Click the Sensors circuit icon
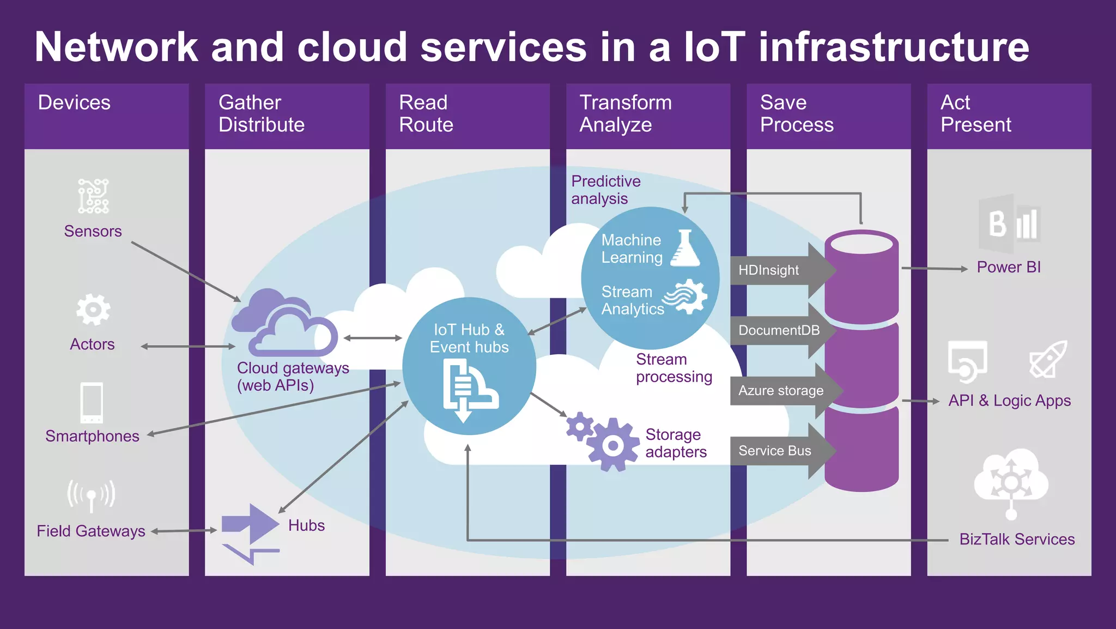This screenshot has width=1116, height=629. (93, 196)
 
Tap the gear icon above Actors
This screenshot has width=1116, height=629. (93, 310)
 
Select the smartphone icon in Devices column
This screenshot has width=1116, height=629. (92, 403)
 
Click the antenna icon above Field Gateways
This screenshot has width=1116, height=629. (91, 495)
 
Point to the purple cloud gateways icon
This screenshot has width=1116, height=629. (285, 324)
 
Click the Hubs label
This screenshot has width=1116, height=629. (306, 525)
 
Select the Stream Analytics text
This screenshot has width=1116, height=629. (632, 300)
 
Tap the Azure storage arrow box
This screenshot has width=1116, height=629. (780, 391)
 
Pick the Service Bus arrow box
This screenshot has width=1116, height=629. (775, 451)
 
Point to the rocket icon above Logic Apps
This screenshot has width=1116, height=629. (1048, 359)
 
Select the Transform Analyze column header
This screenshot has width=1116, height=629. (626, 113)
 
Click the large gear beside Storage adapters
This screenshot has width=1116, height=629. (613, 445)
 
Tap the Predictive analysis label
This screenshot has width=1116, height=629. (605, 190)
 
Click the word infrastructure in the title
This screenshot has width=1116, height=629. (894, 47)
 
